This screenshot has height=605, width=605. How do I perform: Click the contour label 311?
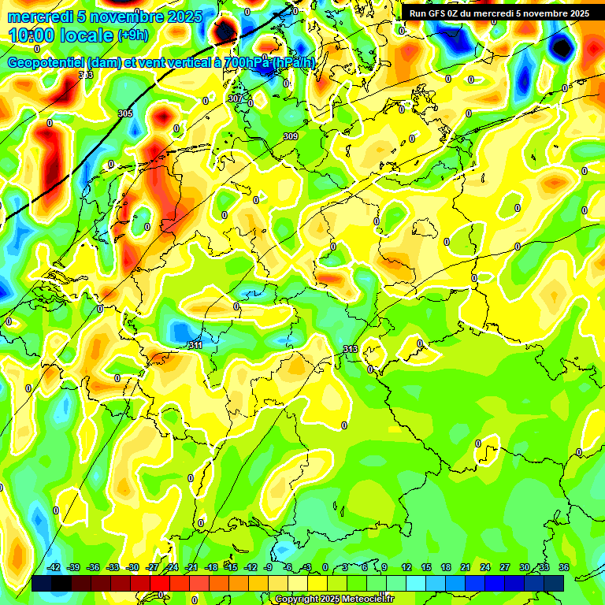tap(195, 345)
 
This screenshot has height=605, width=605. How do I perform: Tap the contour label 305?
tap(125, 114)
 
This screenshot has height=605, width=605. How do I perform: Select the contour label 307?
tap(236, 98)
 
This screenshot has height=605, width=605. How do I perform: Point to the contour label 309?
tap(291, 136)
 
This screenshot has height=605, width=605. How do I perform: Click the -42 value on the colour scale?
tap(54, 567)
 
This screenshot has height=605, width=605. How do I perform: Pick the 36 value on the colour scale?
tap(563, 567)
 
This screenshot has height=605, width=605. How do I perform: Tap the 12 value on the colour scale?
tap(406, 567)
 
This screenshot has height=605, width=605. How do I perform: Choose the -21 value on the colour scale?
tap(191, 567)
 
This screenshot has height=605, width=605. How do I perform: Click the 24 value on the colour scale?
tap(484, 567)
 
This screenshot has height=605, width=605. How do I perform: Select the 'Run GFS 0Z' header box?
tap(499, 13)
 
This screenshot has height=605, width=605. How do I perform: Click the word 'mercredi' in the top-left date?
tap(36, 17)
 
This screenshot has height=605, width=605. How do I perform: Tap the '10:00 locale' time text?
tap(61, 36)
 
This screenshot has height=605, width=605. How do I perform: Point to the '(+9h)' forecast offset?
tap(132, 35)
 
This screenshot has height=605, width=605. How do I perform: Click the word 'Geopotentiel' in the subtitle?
tap(46, 62)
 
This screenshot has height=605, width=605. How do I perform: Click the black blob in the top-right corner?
tap(561, 48)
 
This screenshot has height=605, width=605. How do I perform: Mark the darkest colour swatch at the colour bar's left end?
tap(43, 583)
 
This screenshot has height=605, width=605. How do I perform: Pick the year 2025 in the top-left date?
tap(179, 17)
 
